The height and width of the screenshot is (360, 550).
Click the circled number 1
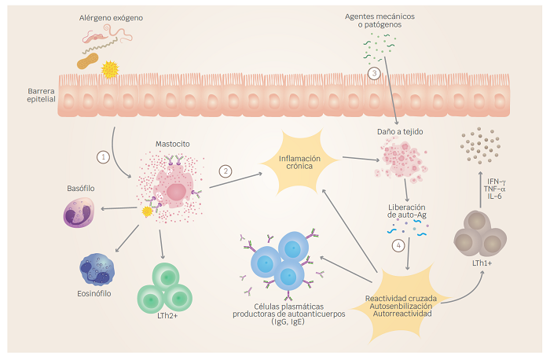click(x=102, y=156)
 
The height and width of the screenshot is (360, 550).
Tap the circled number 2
click(x=225, y=171)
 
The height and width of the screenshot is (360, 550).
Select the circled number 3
click(x=374, y=74)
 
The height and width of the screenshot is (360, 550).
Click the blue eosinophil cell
click(x=97, y=270)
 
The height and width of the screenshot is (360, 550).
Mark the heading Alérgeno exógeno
click(x=110, y=17)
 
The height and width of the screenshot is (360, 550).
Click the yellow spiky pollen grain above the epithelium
click(x=111, y=70)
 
